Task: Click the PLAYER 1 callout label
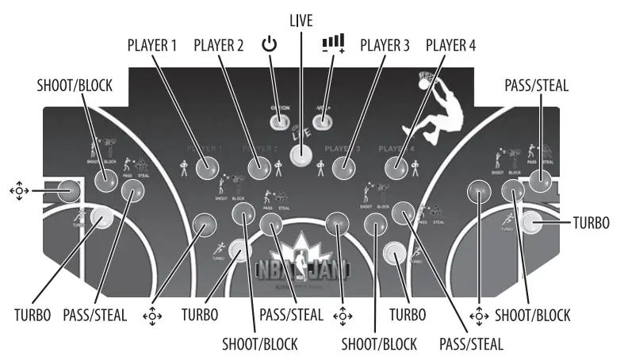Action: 153,46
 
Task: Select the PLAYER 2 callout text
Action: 219,46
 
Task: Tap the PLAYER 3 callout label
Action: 384,46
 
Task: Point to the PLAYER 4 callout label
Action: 450,46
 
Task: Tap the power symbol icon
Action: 270,44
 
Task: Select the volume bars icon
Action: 333,42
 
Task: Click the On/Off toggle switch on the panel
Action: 278,121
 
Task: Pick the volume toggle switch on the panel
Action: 322,121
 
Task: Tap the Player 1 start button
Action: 207,167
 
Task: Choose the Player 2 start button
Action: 259,167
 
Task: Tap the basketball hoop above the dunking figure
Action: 427,79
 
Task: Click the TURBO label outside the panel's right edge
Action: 591,223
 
